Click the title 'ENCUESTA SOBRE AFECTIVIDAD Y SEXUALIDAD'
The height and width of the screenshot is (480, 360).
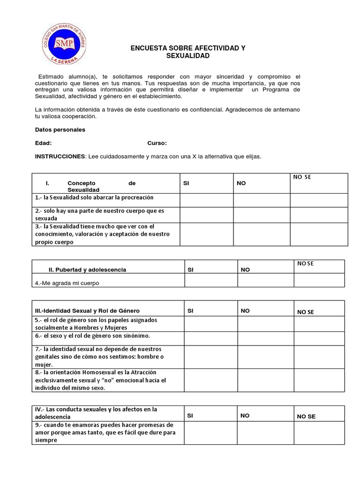point(187,52)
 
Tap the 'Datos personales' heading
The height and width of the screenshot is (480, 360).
point(60,130)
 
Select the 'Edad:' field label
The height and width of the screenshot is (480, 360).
point(44,143)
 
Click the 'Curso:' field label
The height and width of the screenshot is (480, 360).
point(157,143)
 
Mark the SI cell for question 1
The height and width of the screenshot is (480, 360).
point(206,200)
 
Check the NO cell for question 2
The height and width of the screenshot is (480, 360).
point(262,215)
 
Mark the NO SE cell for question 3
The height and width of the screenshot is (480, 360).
point(319,234)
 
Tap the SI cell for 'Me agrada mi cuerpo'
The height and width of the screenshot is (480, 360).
point(210,280)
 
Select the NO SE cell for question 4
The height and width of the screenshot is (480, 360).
point(319,280)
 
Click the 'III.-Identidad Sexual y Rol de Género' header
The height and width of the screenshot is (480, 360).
point(87,311)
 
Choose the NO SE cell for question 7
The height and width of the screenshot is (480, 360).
point(319,357)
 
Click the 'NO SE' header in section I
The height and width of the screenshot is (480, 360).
point(302,177)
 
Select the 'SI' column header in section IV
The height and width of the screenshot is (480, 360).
point(190,416)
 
